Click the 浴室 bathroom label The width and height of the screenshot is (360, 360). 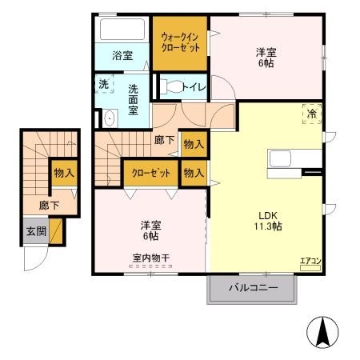[x=122, y=55]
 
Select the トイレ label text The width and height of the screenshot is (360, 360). [x=191, y=86]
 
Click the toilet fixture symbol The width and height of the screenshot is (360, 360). [x=169, y=85]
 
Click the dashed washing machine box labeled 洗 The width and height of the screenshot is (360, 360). [x=105, y=85]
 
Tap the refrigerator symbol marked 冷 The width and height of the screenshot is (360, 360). [x=311, y=115]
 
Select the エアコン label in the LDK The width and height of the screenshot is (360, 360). [x=310, y=261]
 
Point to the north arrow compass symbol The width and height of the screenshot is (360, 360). [x=322, y=330]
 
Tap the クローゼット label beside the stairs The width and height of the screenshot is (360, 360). [x=150, y=172]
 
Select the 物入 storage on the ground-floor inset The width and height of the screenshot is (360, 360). [x=64, y=172]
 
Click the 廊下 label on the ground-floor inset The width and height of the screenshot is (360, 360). [x=49, y=205]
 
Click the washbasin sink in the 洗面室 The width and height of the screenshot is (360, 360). [x=110, y=119]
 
